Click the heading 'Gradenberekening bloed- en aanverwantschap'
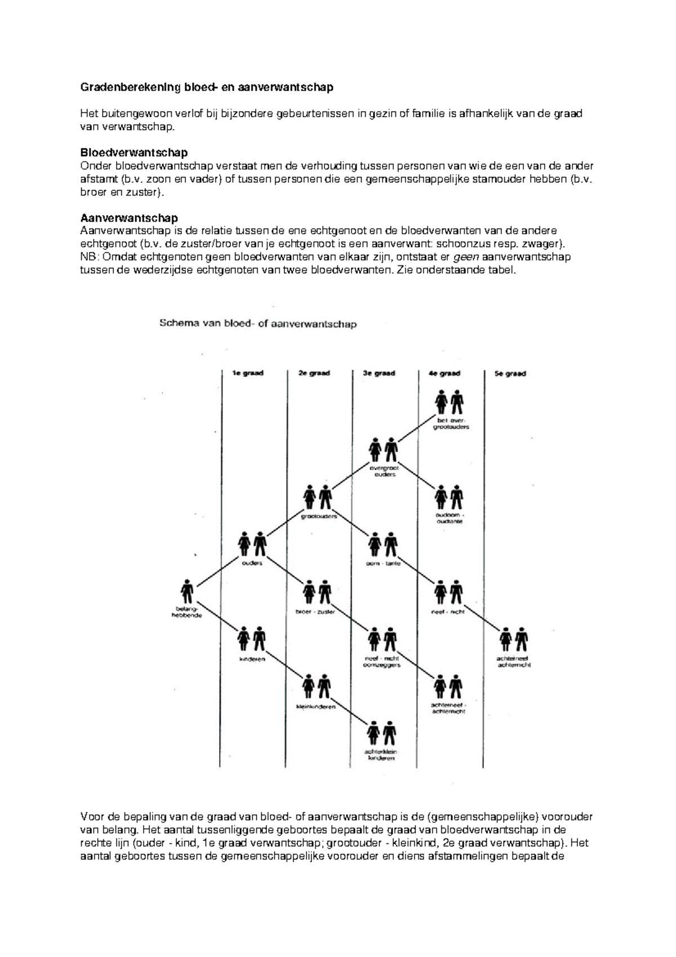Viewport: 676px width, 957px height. coord(207,87)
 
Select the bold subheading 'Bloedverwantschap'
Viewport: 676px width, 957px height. coord(134,153)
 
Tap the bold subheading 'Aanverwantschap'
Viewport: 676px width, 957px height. coord(129,218)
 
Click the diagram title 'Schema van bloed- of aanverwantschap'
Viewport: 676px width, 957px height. coord(258,324)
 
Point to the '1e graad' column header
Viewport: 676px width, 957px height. coord(248,373)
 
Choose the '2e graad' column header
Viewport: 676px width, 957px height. coord(314,373)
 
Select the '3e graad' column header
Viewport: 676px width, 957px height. coord(380,373)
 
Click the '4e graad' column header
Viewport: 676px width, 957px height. coord(444,373)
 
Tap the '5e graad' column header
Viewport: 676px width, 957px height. coord(510,373)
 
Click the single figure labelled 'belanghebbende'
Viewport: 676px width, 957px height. coord(187,592)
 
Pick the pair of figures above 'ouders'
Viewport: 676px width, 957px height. coord(252,544)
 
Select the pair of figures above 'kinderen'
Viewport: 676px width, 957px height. coord(251,639)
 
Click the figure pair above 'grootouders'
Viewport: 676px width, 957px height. coord(317,497)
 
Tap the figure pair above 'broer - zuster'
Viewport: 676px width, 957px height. coord(317,592)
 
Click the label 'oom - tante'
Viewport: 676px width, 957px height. coord(383,564)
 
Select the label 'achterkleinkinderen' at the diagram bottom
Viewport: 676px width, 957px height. coord(381,755)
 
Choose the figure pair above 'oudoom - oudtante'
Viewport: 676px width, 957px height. coord(449,498)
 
